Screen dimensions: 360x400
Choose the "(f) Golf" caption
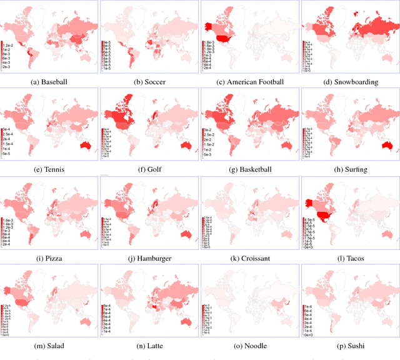point(149,169)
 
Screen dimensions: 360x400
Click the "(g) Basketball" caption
point(249,169)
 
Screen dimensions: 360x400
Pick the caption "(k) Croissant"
point(249,257)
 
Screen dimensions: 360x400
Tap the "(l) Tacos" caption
point(349,257)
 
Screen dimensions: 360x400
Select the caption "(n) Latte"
point(149,346)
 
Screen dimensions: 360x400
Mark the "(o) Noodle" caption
point(249,346)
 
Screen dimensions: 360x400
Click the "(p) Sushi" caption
point(349,346)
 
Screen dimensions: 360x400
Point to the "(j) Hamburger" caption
point(149,257)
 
